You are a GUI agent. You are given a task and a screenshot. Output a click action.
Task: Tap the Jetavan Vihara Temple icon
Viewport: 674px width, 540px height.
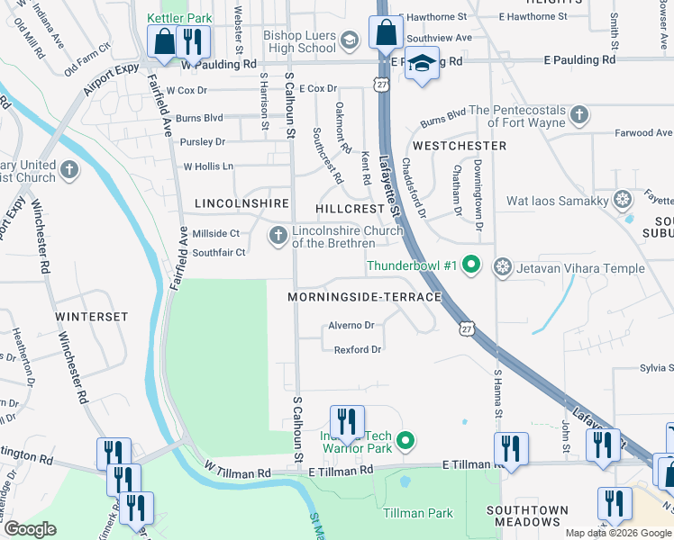point(503,267)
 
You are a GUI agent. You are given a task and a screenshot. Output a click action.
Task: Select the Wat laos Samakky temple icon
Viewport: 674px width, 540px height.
point(622,200)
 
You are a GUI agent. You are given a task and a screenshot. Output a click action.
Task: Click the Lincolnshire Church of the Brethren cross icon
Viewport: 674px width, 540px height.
point(278,236)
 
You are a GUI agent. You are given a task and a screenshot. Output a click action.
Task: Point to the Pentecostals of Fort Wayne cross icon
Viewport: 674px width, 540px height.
point(579,115)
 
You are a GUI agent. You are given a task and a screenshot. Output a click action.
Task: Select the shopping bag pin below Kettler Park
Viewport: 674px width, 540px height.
point(164,42)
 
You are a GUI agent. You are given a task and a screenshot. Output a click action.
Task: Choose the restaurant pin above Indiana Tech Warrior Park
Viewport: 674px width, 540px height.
point(346,421)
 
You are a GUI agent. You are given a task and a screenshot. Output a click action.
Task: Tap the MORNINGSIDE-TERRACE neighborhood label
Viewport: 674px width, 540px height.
point(364,296)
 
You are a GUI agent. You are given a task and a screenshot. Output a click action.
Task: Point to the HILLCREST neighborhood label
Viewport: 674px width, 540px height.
point(351,208)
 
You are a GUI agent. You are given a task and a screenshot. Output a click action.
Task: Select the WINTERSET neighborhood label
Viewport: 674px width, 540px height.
point(92,317)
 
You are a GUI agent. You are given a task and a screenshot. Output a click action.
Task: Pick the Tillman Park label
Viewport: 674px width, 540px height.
point(418,512)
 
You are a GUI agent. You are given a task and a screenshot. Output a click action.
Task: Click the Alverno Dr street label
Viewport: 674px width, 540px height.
point(351,325)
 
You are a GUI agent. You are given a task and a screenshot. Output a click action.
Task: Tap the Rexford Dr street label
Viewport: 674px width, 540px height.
point(358,349)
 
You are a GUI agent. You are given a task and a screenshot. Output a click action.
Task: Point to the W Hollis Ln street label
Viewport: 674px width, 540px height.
point(208,166)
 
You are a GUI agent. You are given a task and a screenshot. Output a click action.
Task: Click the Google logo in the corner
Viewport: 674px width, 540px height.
point(29,528)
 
